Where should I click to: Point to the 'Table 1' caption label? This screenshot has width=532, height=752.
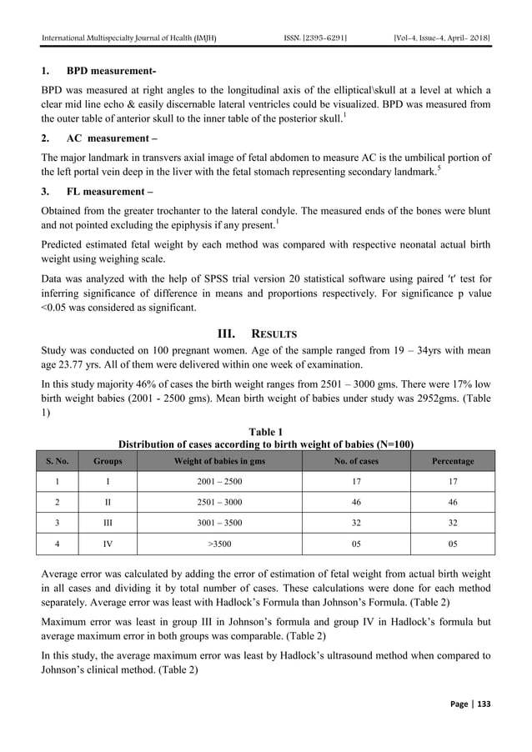click(x=266, y=432)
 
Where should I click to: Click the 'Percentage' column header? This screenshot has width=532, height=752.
click(x=453, y=461)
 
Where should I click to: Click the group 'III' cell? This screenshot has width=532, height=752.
click(x=105, y=524)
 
